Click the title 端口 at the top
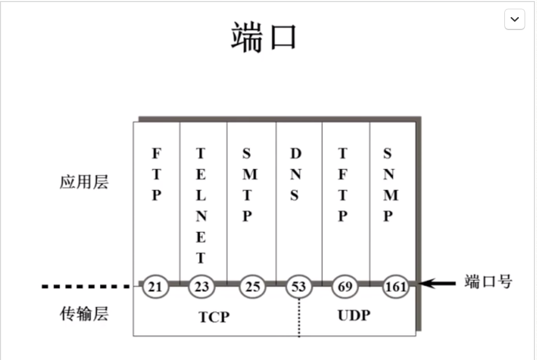pyautogui.click(x=263, y=38)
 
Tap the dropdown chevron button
pyautogui.click(x=514, y=19)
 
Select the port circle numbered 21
pyautogui.click(x=155, y=287)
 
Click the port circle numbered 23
pyautogui.click(x=201, y=287)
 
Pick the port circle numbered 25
pyautogui.click(x=252, y=287)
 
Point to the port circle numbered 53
pyautogui.click(x=299, y=287)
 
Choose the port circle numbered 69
pyautogui.click(x=345, y=287)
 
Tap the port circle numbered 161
pyautogui.click(x=396, y=287)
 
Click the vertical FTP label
pyautogui.click(x=156, y=175)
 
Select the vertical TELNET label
pyautogui.click(x=201, y=206)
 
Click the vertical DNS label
pyautogui.click(x=295, y=175)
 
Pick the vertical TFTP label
pyautogui.click(x=342, y=185)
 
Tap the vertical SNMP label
pyautogui.click(x=390, y=185)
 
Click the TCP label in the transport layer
pyautogui.click(x=214, y=317)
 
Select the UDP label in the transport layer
pyautogui.click(x=354, y=315)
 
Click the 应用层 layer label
pyautogui.click(x=84, y=183)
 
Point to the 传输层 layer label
pyautogui.click(x=84, y=313)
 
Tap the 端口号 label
pyautogui.click(x=488, y=282)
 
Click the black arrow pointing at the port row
pyautogui.click(x=437, y=283)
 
